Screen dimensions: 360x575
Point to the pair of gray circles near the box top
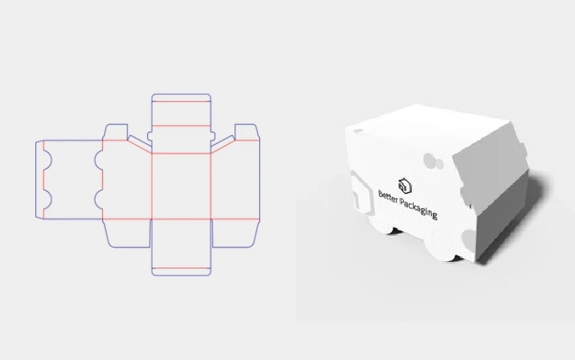click(x=434, y=162)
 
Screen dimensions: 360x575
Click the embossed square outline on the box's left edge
click(x=355, y=186)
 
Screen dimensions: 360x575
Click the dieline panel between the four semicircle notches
click(x=71, y=178)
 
